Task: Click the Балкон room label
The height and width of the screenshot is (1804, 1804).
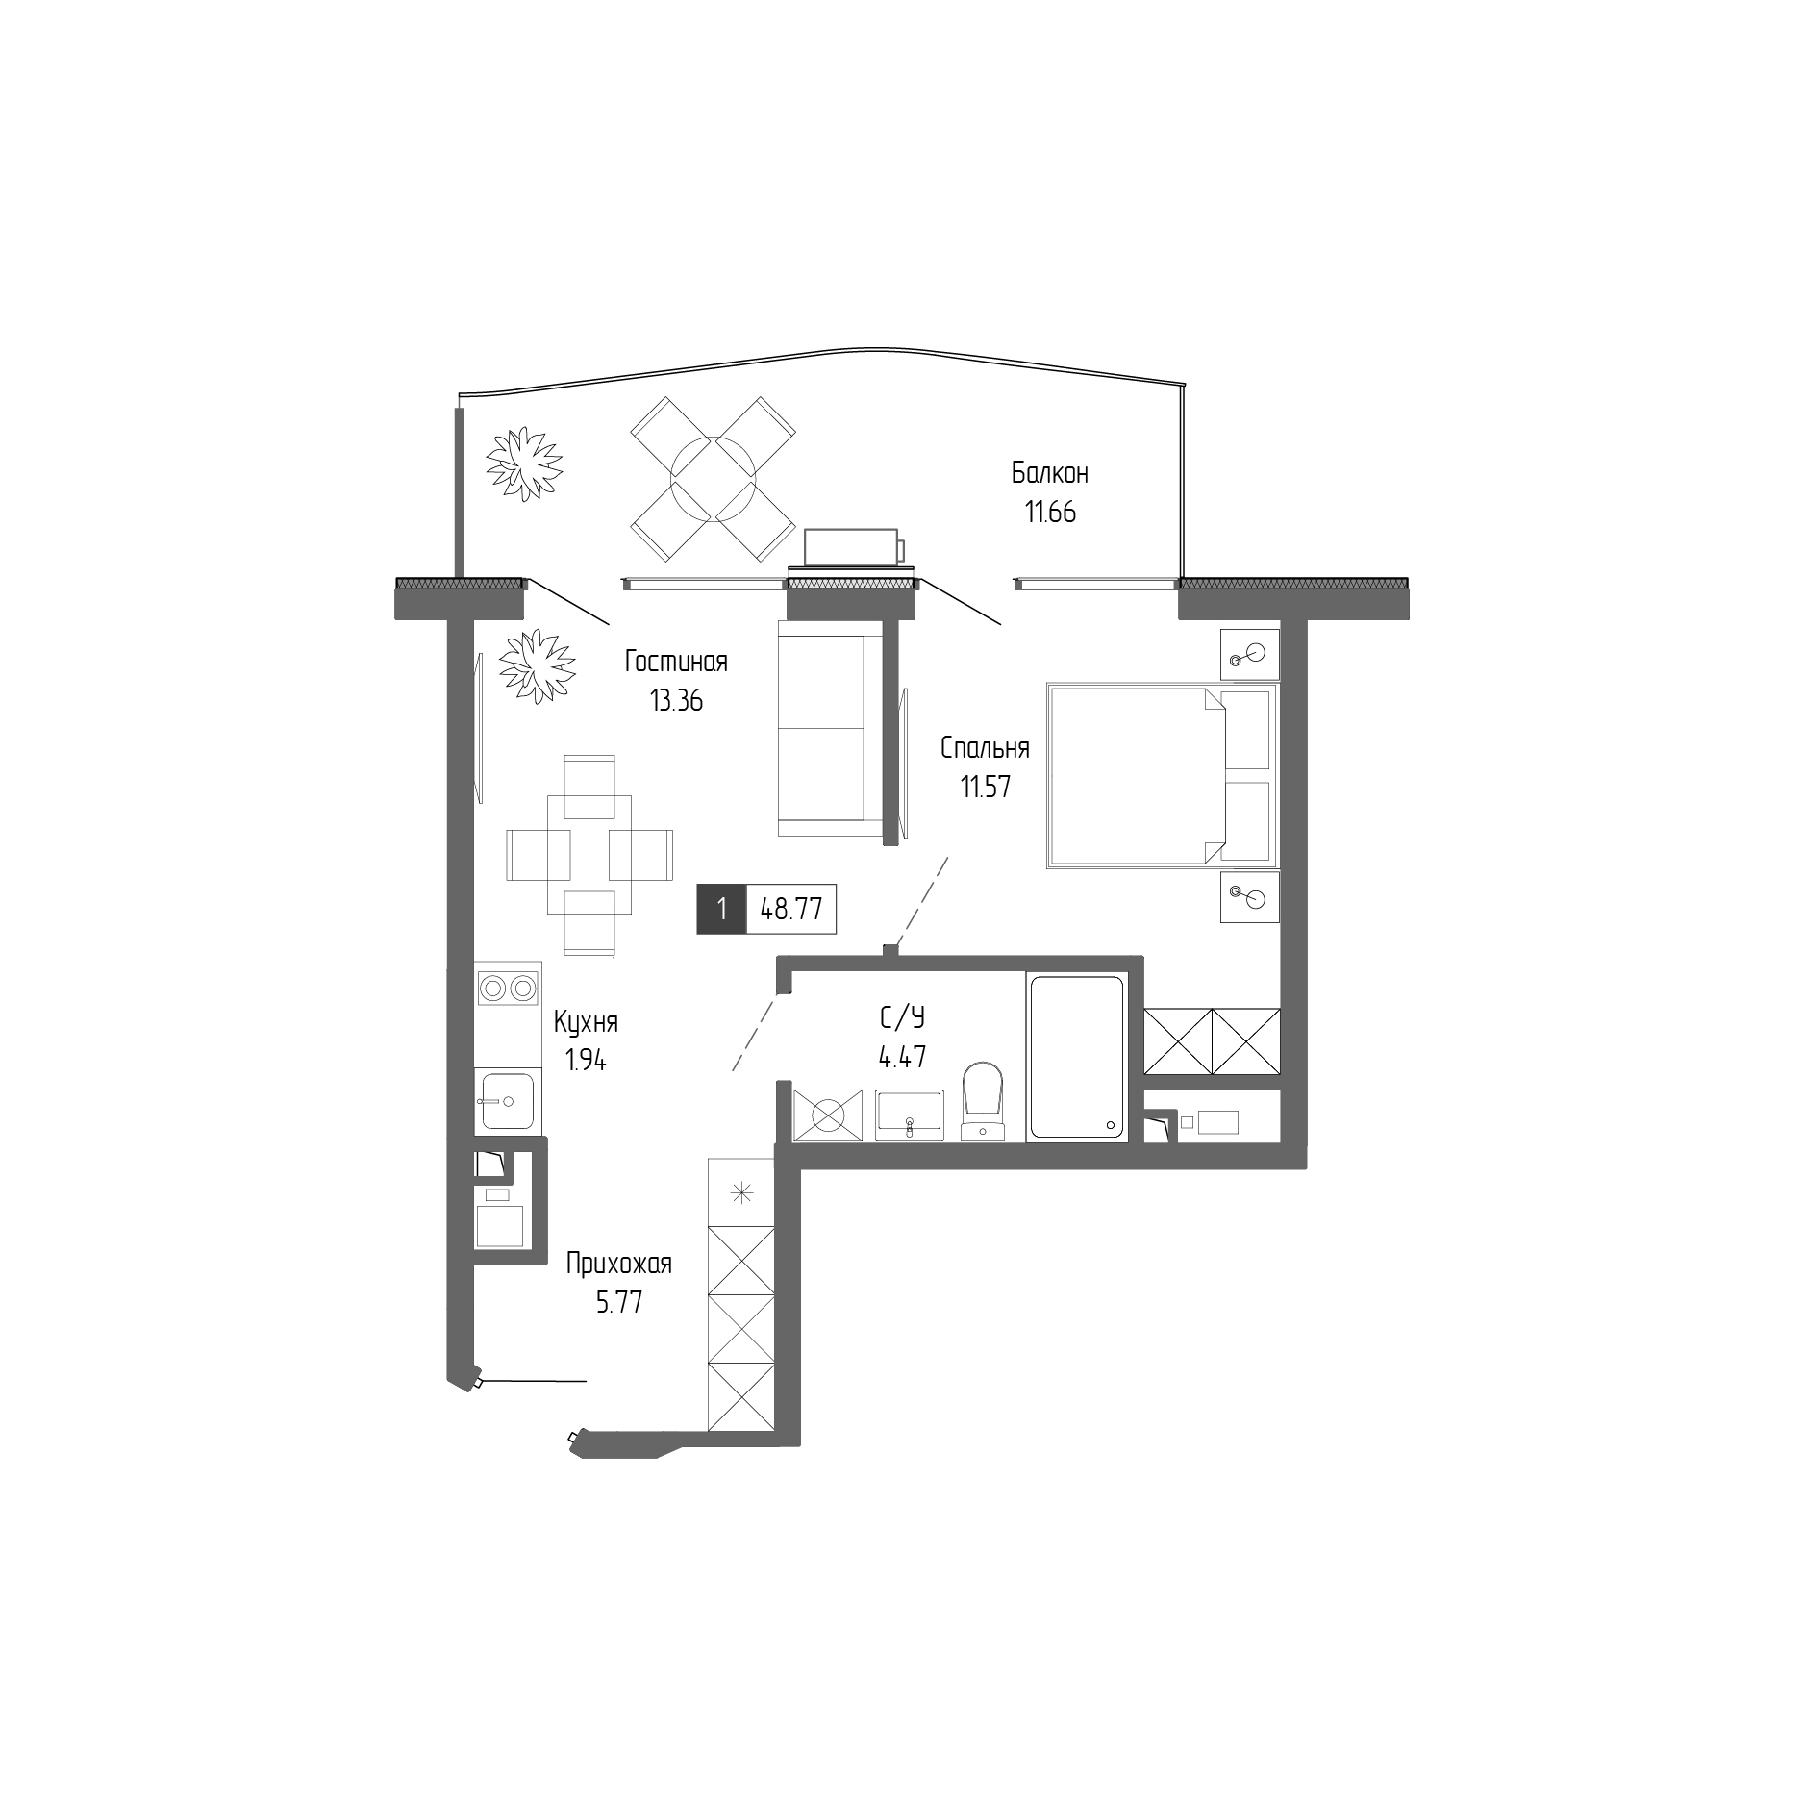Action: [1049, 473]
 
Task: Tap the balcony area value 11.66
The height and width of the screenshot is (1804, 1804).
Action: [1049, 513]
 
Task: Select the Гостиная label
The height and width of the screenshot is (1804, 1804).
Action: [676, 662]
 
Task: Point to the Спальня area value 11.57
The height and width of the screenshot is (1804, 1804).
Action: [985, 788]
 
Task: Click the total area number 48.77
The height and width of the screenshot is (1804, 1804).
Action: [790, 909]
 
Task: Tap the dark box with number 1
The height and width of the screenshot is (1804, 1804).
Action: [721, 909]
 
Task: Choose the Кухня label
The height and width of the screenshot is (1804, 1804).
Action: [586, 1021]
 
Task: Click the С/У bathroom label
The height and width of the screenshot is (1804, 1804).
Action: [902, 1017]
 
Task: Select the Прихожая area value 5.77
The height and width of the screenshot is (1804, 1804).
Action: [618, 1303]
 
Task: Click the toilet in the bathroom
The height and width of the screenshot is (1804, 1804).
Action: [983, 1101]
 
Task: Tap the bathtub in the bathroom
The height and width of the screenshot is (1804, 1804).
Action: [1076, 1058]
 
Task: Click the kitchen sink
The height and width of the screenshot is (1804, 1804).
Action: [507, 1101]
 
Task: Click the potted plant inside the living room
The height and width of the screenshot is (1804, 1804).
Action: [536, 665]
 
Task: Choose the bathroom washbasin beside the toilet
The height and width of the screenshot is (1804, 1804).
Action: [910, 1115]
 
